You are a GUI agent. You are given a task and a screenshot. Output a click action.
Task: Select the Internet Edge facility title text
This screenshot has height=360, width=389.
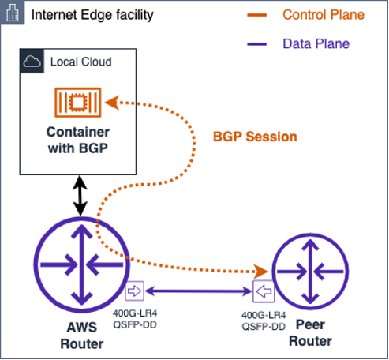tap(92, 15)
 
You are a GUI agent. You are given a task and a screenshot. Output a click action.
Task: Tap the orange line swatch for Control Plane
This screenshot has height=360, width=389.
tap(256, 14)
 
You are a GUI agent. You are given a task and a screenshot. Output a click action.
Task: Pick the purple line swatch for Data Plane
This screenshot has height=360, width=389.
tap(256, 43)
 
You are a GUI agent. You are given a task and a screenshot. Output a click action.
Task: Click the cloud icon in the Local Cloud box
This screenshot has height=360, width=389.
tap(33, 61)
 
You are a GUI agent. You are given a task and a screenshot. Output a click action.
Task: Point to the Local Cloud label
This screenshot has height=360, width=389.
tap(80, 61)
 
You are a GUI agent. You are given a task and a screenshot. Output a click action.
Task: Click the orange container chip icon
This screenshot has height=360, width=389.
tap(77, 101)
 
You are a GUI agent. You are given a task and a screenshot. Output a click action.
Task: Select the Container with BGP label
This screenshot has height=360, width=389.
tap(77, 139)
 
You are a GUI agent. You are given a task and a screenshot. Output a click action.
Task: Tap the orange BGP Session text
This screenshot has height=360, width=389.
tap(255, 137)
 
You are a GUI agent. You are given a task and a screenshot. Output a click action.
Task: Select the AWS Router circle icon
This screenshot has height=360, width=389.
tap(80, 264)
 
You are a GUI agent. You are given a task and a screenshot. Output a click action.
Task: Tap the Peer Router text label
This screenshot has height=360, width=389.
tap(307, 334)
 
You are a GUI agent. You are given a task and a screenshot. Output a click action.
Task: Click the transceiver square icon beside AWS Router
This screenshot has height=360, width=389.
tap(133, 291)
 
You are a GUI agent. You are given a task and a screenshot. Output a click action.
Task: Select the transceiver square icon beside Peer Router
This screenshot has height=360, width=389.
tap(261, 291)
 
